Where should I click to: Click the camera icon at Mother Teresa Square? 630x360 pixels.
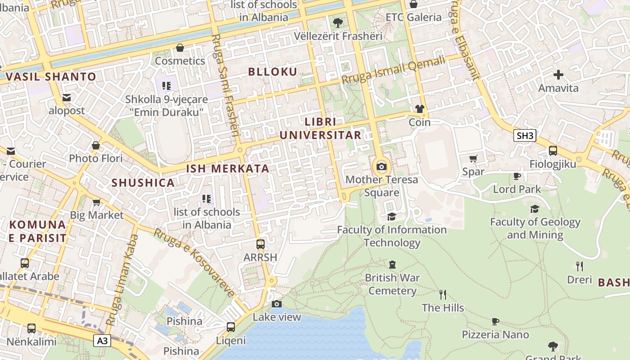382,167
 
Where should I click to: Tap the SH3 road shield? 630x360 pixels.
525,135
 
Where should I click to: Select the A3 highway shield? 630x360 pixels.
103,341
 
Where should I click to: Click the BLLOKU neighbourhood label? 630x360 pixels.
273,72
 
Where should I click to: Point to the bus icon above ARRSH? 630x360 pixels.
260,244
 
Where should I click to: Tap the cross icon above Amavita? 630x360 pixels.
558,75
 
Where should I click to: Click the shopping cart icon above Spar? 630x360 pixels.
473,158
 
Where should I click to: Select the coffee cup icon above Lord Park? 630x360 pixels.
517,176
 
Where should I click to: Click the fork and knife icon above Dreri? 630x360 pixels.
580,266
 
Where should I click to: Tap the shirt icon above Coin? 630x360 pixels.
419,109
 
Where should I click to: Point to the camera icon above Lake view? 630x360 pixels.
277,304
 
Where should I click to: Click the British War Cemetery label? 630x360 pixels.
392,284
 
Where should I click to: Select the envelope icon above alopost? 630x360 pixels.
67,98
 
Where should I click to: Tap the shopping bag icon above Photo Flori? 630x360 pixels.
95,145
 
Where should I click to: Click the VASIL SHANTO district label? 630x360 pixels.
51,76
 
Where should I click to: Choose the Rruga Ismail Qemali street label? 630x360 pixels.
393,70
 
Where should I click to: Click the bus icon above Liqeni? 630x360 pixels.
231,327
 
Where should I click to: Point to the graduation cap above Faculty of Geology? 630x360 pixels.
535,209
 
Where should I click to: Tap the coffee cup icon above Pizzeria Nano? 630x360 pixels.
495,321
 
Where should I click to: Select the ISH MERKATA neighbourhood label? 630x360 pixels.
228,169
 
